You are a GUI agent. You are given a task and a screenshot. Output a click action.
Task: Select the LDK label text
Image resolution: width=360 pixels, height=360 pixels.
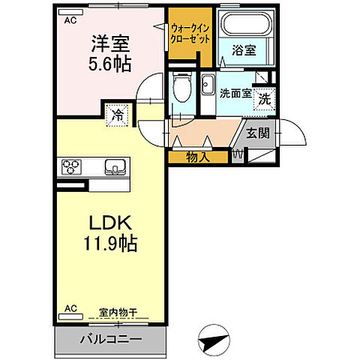coord(112,224)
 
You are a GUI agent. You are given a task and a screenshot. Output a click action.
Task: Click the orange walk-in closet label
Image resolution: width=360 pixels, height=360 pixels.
coord(190,33)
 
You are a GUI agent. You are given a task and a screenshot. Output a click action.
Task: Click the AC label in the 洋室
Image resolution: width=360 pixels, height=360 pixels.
coord(70,21)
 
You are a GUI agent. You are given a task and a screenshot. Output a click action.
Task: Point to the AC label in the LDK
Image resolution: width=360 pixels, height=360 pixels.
coord(70,308)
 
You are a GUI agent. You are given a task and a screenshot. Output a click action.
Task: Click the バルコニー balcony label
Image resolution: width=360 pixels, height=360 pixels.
coord(112,339)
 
